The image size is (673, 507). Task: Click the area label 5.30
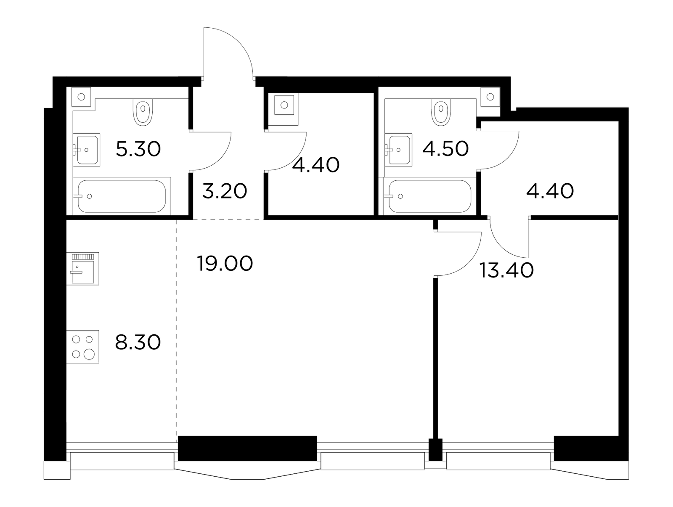[138, 149]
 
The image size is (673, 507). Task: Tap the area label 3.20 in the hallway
[225, 191]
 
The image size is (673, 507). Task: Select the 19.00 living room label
[225, 264]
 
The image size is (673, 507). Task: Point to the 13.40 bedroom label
[506, 270]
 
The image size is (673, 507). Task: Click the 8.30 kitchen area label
[138, 342]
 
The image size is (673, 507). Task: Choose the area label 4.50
[445, 149]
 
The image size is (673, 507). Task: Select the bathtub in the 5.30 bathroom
[122, 196]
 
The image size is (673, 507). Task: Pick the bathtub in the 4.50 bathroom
[429, 196]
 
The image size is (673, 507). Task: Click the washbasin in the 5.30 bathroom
[87, 150]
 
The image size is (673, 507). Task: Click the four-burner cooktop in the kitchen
[83, 347]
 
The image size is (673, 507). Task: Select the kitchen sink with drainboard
[83, 268]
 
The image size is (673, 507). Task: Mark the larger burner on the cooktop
[89, 354]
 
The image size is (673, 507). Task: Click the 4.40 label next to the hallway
[316, 165]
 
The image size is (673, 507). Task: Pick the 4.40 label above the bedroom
[550, 191]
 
